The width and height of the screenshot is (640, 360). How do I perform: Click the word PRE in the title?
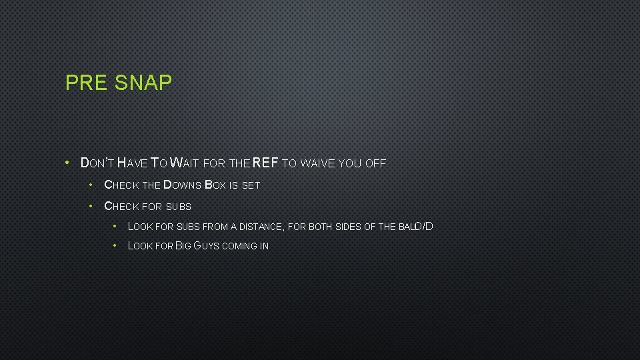pos(87,83)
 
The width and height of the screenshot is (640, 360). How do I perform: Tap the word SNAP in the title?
pos(143,83)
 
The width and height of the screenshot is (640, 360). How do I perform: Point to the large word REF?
pos(265,163)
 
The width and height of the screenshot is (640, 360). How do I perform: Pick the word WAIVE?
pos(318,163)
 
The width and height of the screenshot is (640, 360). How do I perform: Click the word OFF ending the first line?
pos(376,163)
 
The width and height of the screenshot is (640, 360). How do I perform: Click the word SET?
pos(251,185)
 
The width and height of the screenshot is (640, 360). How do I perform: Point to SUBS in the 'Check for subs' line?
pos(179,207)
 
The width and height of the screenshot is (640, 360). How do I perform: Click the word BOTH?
pos(321,227)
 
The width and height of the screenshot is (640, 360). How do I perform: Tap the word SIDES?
pos(348,227)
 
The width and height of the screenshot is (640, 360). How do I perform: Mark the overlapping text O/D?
pos(424,226)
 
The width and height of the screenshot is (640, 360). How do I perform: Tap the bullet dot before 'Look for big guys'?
pos(115,245)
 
